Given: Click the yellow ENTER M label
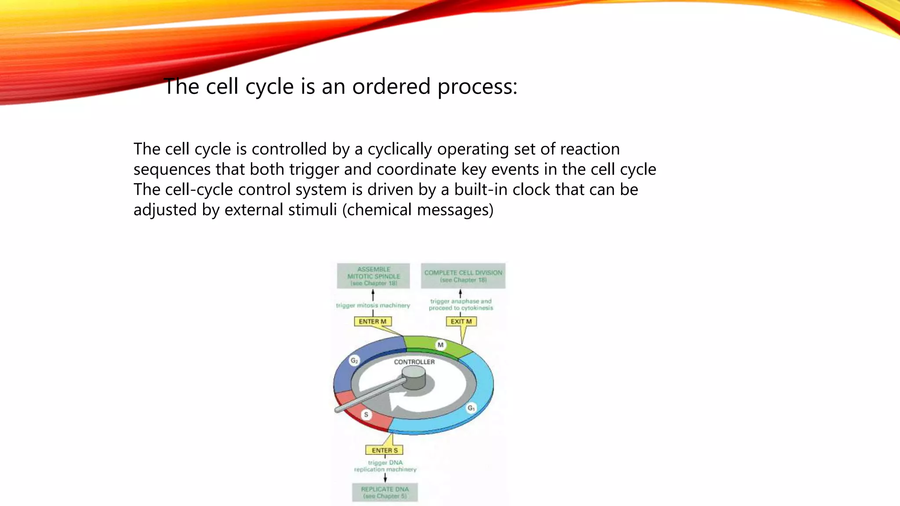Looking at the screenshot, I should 372,322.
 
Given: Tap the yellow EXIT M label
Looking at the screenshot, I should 461,322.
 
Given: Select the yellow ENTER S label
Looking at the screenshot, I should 384,450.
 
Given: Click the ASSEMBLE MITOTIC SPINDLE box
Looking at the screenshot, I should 373,276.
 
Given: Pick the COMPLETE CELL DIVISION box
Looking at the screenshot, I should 463,276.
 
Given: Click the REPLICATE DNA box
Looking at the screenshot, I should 385,492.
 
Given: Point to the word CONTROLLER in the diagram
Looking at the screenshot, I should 414,362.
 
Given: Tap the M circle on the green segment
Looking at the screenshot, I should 440,345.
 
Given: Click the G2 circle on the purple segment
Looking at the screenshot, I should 354,361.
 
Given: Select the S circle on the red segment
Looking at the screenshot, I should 366,414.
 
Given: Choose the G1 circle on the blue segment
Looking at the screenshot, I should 471,408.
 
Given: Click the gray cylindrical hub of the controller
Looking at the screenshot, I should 414,378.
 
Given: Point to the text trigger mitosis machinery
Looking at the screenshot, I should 373,305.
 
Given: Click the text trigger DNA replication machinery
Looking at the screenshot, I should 385,466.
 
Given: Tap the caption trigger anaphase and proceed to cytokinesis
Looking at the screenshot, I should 461,304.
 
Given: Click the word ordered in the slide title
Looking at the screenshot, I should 391,87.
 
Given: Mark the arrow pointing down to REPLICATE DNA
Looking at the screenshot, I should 385,478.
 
